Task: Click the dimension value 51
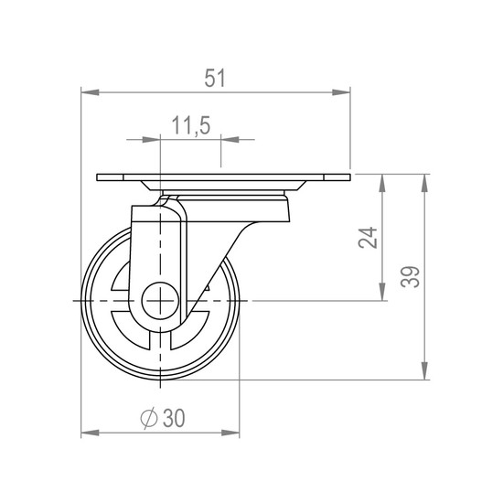(215, 78)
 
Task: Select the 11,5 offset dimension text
(191, 125)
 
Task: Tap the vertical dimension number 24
(368, 238)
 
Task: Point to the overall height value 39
(410, 277)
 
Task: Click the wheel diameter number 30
(174, 418)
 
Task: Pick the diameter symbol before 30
(149, 418)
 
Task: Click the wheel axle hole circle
(160, 301)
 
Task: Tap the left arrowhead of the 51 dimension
(91, 92)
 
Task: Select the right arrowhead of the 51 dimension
(341, 92)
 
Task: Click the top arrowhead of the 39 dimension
(424, 184)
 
